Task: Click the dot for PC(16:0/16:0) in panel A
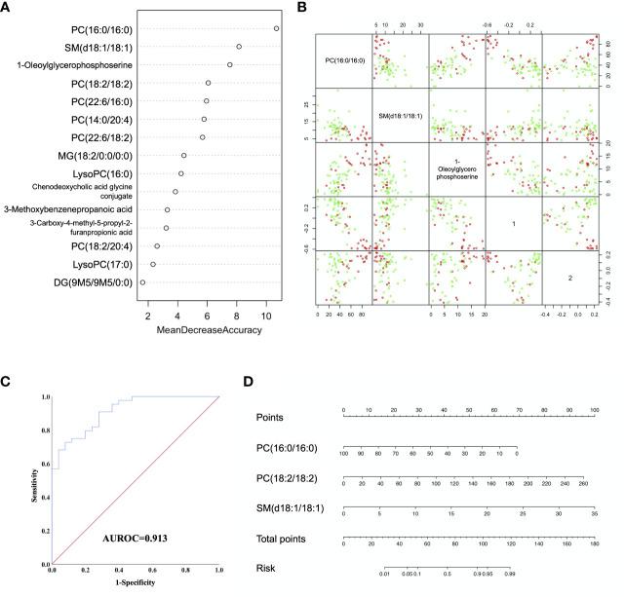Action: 277,28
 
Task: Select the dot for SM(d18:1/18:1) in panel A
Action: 239,47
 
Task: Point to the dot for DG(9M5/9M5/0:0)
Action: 142,282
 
